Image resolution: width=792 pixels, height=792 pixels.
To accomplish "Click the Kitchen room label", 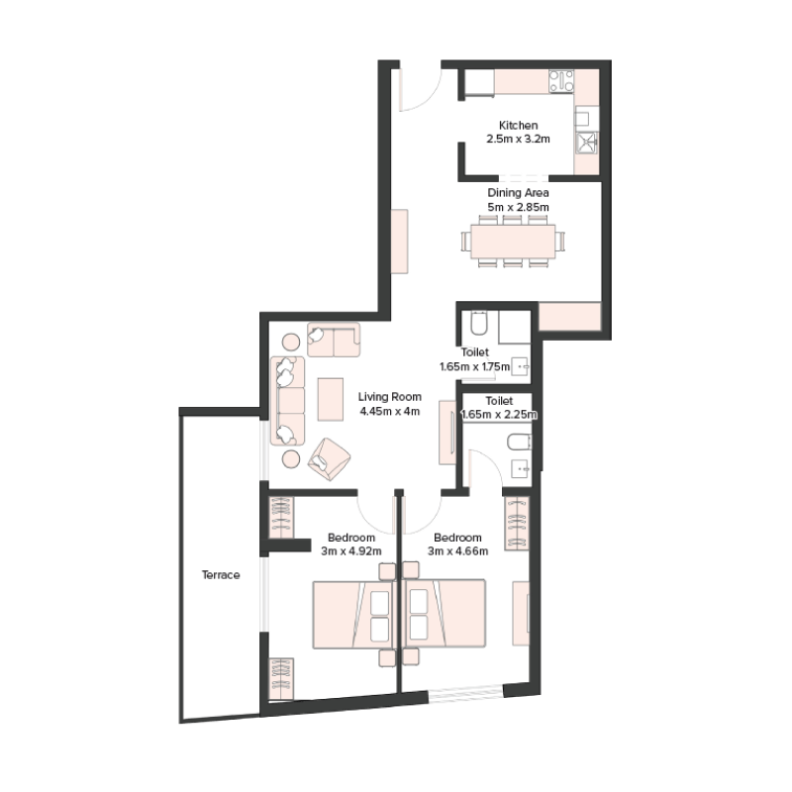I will click(x=518, y=126).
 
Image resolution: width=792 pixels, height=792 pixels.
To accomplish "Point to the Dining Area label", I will click(x=518, y=192).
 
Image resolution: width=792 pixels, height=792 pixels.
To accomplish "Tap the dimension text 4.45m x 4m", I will click(x=389, y=411).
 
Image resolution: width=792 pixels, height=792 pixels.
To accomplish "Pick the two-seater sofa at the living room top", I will click(x=334, y=340).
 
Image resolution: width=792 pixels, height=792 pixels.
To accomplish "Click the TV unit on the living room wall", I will click(x=446, y=433).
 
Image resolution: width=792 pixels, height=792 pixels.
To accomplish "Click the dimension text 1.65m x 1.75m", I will click(x=474, y=366).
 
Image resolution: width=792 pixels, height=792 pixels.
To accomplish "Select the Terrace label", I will click(x=221, y=574).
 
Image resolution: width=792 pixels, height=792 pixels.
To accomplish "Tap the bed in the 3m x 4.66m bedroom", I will click(x=445, y=614).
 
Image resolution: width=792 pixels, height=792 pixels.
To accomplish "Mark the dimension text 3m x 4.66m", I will click(x=458, y=551).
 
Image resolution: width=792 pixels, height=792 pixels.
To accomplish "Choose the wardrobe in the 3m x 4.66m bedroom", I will click(x=517, y=523).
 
